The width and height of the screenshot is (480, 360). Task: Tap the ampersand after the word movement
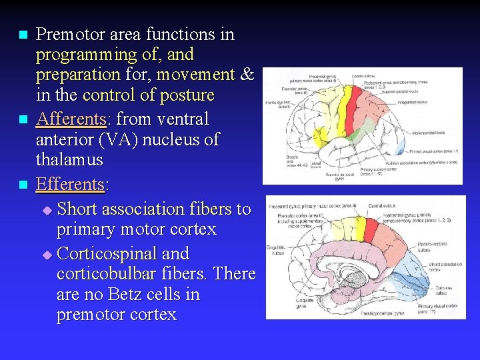point(246,74)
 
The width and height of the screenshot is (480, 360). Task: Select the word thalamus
point(69,160)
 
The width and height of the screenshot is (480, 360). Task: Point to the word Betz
point(137,294)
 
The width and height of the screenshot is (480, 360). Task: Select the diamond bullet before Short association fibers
point(46,210)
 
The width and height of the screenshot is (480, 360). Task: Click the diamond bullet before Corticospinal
point(46,255)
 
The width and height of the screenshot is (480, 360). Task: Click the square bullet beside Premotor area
point(23,35)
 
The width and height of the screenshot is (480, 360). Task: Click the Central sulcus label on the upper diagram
point(363,76)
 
